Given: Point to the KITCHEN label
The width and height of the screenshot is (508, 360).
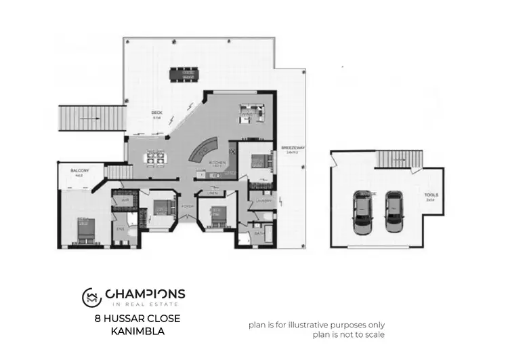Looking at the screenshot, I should pos(216,164).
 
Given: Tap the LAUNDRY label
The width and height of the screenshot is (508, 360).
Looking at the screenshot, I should pos(263,201).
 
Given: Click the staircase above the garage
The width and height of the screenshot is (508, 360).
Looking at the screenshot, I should pos(399,159).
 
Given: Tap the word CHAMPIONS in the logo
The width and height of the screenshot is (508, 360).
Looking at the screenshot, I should pos(145,294).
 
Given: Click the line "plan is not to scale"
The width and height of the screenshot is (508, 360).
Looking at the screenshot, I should pos(349,334).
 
